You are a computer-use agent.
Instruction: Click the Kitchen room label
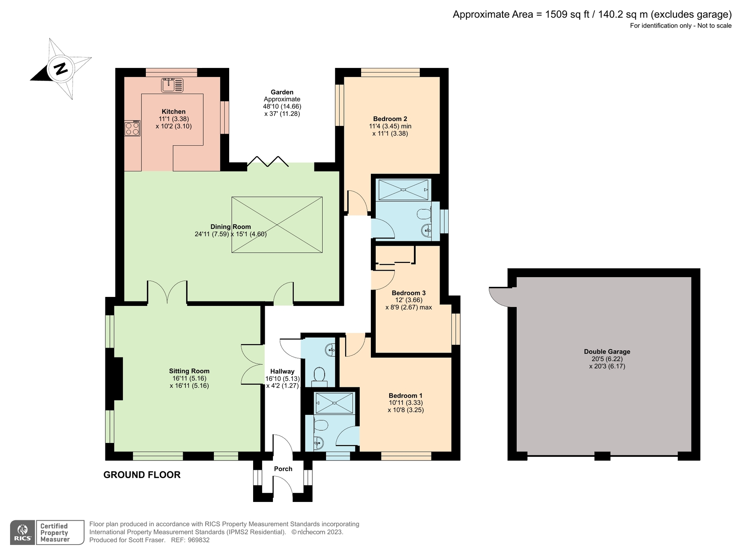pyautogui.click(x=173, y=111)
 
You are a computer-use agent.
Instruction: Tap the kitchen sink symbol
pyautogui.click(x=172, y=85)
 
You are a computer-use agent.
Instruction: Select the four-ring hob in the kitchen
pyautogui.click(x=132, y=128)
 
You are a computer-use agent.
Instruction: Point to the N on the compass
pyautogui.click(x=61, y=69)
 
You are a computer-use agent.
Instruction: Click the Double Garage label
pyautogui.click(x=607, y=351)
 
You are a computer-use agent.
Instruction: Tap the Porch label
pyautogui.click(x=283, y=469)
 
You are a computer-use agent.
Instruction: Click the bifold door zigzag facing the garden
pyautogui.click(x=268, y=161)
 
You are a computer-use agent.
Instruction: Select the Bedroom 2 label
pyautogui.click(x=390, y=119)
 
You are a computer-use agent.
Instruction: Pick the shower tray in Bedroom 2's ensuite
pyautogui.click(x=403, y=190)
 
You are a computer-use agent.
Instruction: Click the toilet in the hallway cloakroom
pyautogui.click(x=319, y=376)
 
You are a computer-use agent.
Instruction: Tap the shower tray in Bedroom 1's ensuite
pyautogui.click(x=334, y=403)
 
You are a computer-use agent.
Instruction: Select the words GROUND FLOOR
pyautogui.click(x=142, y=475)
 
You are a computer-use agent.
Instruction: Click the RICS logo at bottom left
pyautogui.click(x=22, y=532)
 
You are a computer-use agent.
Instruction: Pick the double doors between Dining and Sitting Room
pyautogui.click(x=167, y=292)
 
